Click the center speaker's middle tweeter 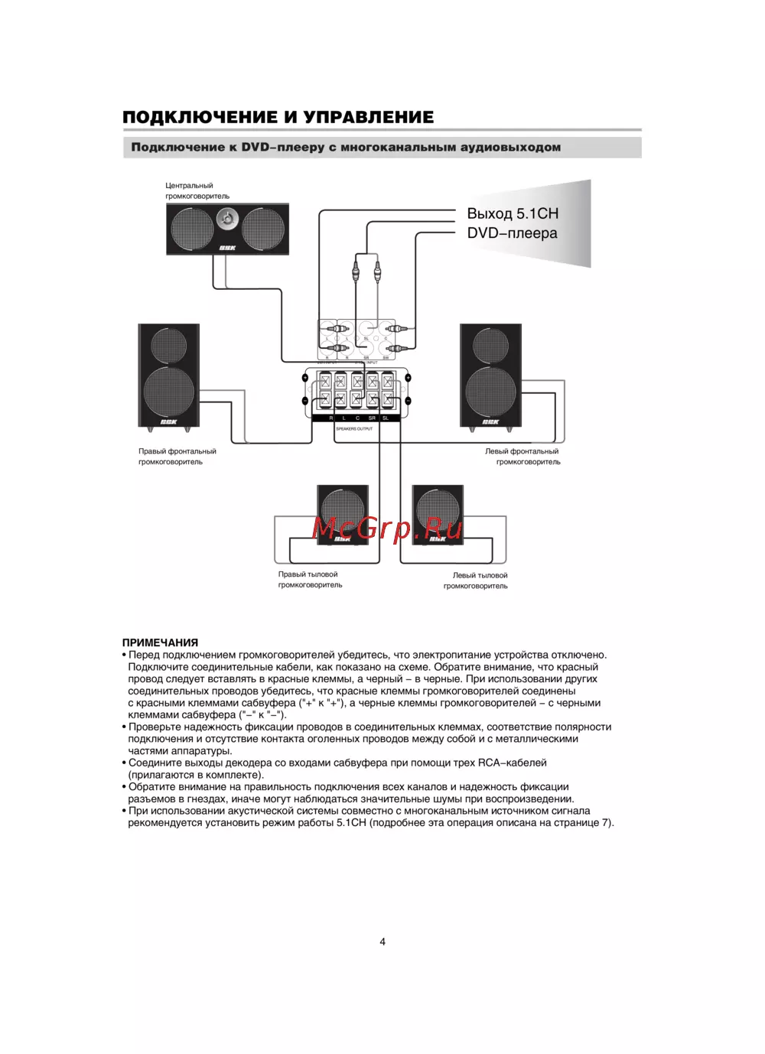click(227, 220)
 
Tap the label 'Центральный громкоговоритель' click(197, 190)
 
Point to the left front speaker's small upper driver click(490, 345)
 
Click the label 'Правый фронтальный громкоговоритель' click(177, 457)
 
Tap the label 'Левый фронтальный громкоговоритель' click(522, 457)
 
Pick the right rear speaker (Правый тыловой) click(343, 514)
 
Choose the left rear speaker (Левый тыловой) click(438, 514)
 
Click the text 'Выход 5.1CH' click(513, 213)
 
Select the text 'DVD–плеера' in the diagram click(512, 233)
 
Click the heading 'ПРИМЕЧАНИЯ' click(160, 642)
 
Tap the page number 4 click(382, 942)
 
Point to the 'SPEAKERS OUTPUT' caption click(354, 429)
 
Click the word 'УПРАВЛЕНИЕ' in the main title click(369, 117)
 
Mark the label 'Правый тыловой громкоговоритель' click(310, 580)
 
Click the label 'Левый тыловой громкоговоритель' click(476, 581)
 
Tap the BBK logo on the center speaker click(227, 248)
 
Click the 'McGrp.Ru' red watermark click(387, 528)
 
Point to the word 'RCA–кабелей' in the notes click(512, 763)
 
